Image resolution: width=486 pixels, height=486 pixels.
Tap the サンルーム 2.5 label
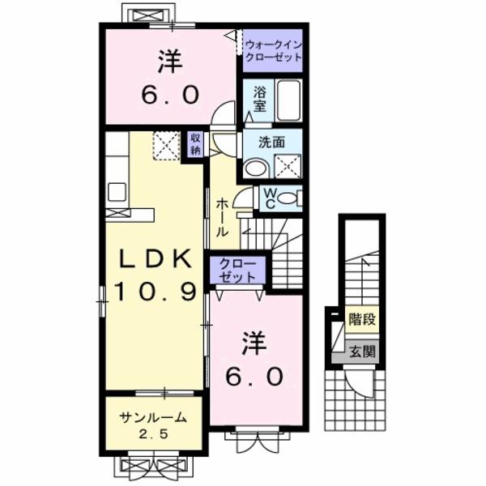point(153,424)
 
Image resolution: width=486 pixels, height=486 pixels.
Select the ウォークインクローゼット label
point(273,52)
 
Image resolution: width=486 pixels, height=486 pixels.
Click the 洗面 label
point(271,140)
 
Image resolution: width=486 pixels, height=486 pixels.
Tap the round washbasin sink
point(255,168)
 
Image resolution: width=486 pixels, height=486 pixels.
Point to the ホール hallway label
point(220,216)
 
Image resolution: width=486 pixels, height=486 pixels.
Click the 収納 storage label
point(195,145)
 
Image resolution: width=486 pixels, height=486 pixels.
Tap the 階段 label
point(362,319)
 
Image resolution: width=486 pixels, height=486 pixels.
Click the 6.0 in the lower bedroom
point(260,376)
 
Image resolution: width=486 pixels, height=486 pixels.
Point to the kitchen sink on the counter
point(117,191)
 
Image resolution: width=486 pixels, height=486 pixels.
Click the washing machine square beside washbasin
point(288,165)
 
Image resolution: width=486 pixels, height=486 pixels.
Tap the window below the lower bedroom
point(257,441)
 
